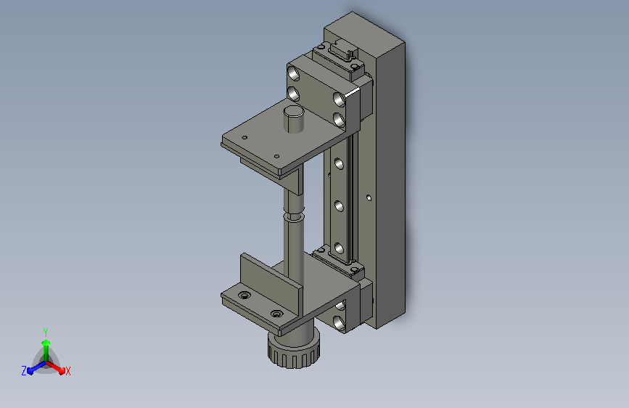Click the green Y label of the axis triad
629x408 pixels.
tap(46, 332)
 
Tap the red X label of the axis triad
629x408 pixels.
tap(68, 371)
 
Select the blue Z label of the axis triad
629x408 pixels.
tap(24, 371)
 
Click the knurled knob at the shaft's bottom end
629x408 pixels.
tap(294, 350)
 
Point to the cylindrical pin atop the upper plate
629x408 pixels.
tap(294, 118)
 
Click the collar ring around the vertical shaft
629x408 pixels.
tap(294, 217)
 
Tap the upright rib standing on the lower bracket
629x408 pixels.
tap(271, 283)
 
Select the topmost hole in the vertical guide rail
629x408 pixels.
tap(339, 164)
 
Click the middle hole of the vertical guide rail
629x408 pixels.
tap(339, 206)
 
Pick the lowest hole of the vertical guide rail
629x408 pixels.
tap(339, 249)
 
